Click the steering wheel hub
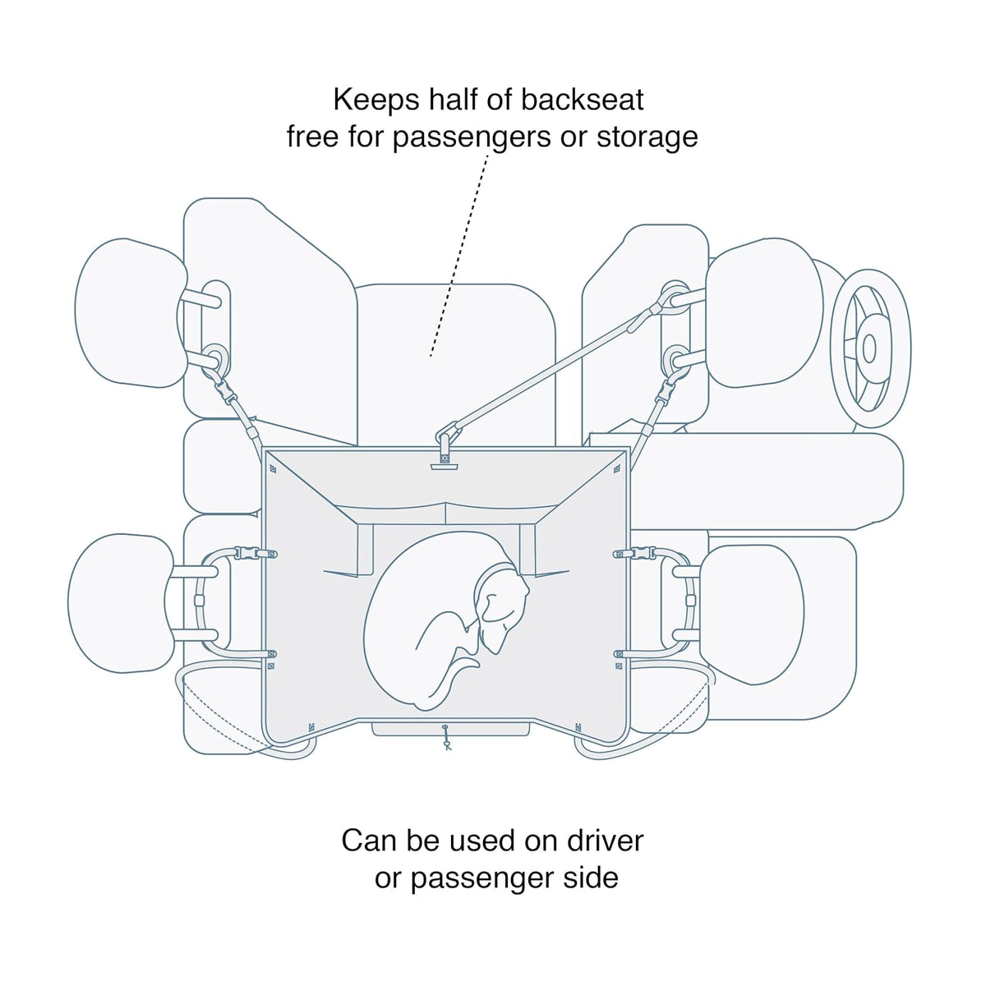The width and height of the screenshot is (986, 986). click(x=869, y=348)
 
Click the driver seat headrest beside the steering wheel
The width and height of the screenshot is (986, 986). click(x=764, y=313)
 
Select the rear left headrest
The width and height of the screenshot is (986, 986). click(x=122, y=603)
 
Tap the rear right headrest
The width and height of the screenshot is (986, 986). click(x=752, y=614)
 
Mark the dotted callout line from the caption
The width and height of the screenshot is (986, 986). click(x=459, y=254)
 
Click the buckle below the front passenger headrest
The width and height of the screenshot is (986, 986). click(x=228, y=395)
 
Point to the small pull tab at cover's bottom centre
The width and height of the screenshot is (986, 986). click(x=446, y=737)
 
